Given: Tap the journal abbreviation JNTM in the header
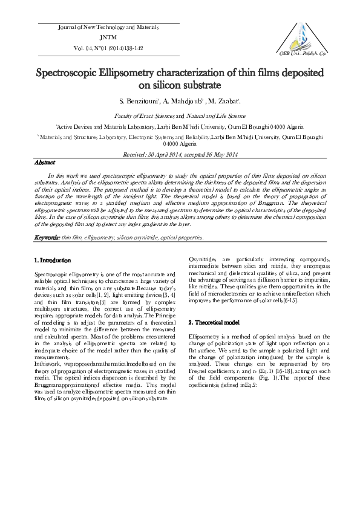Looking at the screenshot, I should click(108, 37).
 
